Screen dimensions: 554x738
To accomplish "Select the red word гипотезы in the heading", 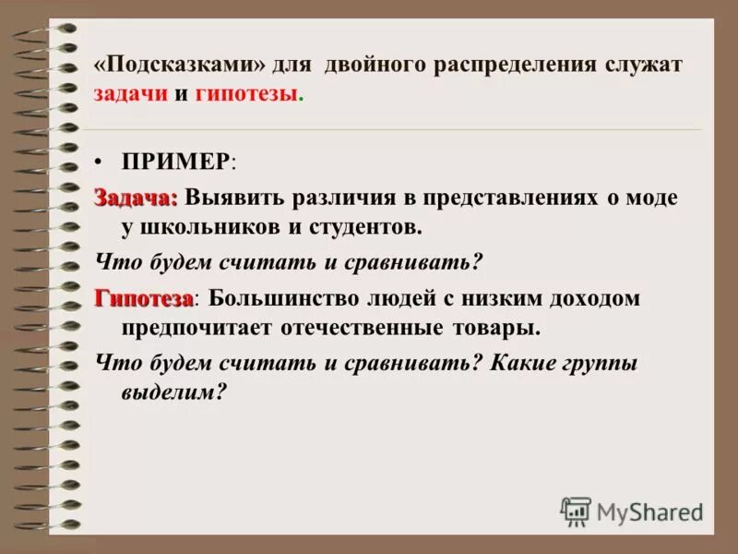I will [x=247, y=96].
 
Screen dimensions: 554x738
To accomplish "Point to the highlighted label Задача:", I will [x=135, y=197].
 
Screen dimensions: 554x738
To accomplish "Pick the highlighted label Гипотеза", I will [x=144, y=299].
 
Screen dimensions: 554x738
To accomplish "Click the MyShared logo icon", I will [x=576, y=511].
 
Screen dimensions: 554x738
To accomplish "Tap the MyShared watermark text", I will [x=650, y=511].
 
